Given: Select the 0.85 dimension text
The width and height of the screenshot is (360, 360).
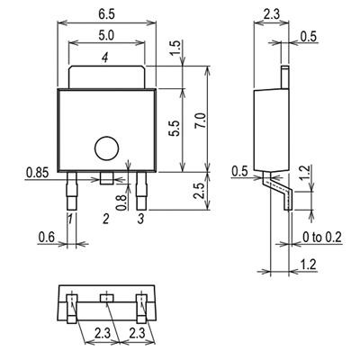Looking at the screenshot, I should click(x=39, y=169).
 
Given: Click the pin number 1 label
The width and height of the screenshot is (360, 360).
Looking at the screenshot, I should click(x=69, y=218).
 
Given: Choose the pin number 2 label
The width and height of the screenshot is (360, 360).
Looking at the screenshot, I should click(x=105, y=218).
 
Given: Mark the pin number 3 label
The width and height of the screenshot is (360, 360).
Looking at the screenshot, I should click(x=141, y=218).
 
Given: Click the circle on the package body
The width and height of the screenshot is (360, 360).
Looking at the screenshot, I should click(x=107, y=148).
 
